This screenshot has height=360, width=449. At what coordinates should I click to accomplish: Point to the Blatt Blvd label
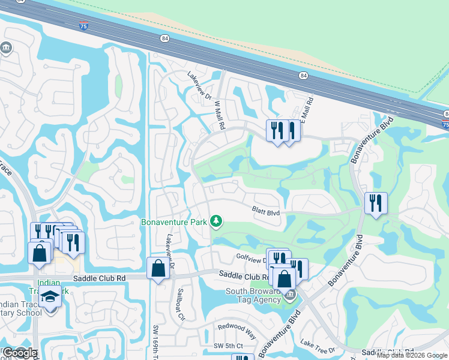(x=266, y=211)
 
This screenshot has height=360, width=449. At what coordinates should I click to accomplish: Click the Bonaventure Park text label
(x=174, y=222)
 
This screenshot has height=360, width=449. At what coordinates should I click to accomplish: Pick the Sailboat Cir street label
(x=179, y=304)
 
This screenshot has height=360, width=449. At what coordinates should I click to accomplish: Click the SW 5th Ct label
(x=229, y=346)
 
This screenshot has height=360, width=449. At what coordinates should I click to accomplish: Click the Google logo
(x=19, y=353)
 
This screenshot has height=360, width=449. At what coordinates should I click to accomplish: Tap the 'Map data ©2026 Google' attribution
(x=412, y=355)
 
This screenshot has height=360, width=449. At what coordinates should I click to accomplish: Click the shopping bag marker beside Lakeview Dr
(x=158, y=267)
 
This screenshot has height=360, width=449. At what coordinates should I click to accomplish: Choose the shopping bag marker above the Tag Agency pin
(x=284, y=278)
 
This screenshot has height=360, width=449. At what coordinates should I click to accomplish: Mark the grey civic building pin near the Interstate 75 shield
(x=7, y=47)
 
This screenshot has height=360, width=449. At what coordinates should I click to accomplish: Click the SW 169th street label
(x=155, y=341)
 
